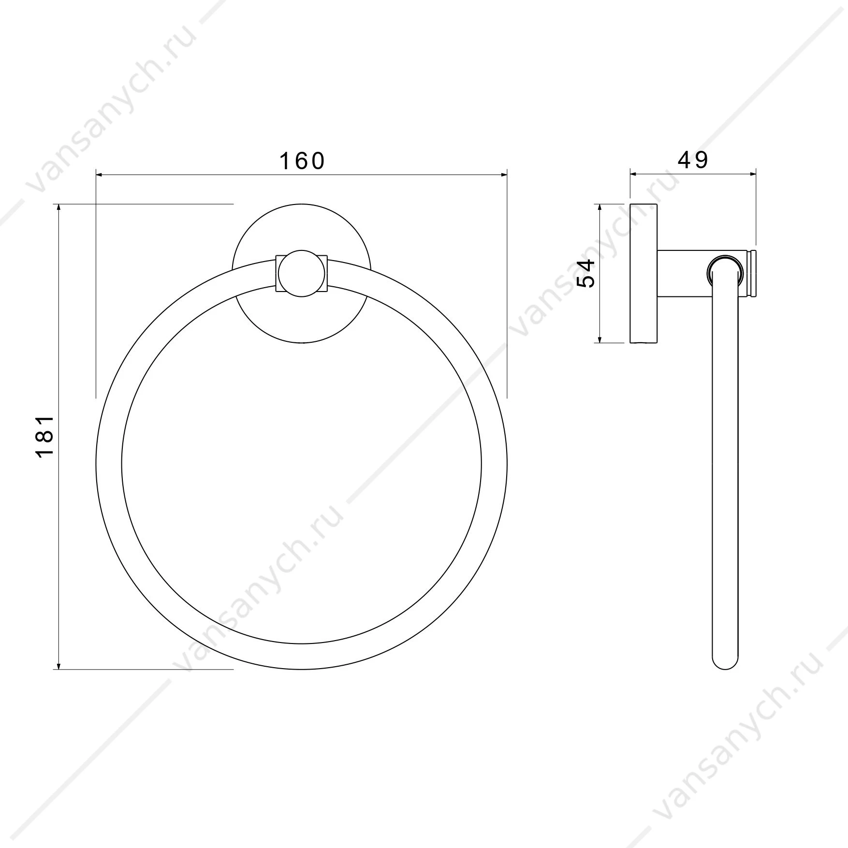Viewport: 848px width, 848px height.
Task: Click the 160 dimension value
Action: [302, 161]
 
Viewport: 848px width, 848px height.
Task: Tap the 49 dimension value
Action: [692, 160]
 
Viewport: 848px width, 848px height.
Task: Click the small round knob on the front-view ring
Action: [302, 273]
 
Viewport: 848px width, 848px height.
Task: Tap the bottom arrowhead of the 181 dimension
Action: [58, 665]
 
